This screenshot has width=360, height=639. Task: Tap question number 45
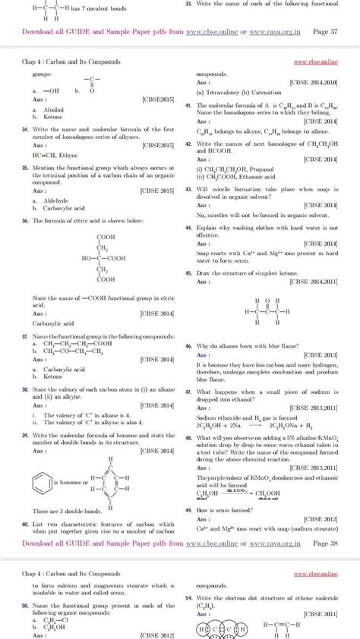(x=188, y=272)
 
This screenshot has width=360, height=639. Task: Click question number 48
(x=188, y=439)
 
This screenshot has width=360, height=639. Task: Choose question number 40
(x=26, y=524)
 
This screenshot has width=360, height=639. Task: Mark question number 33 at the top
(x=188, y=4)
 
